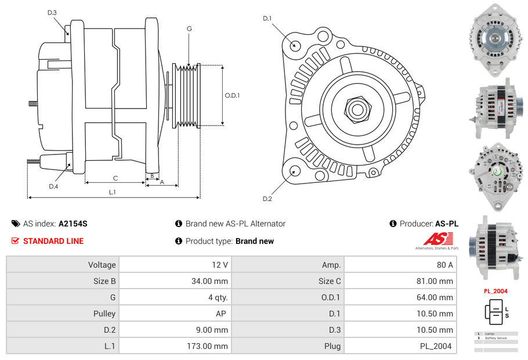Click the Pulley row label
(x=104, y=314)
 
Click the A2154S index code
(x=73, y=224)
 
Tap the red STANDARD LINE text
(x=53, y=241)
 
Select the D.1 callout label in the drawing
(x=267, y=19)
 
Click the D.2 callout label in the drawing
(x=267, y=199)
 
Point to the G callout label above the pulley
(x=189, y=28)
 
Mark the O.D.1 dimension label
(x=232, y=96)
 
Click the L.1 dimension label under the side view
(x=113, y=192)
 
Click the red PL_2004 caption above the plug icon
(x=496, y=291)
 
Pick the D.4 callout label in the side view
(x=53, y=186)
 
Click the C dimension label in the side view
(x=115, y=178)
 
